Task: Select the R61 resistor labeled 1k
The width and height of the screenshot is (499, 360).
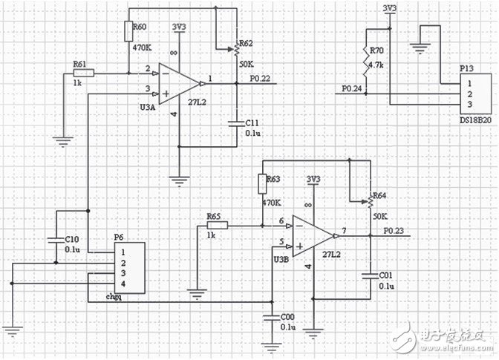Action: [x=83, y=73]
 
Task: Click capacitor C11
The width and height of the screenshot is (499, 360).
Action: [x=237, y=121]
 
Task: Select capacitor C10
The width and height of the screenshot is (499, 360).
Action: [x=56, y=239]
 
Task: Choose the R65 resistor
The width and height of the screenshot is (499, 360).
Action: [x=218, y=225]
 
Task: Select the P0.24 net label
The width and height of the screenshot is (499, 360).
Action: [x=353, y=89]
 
